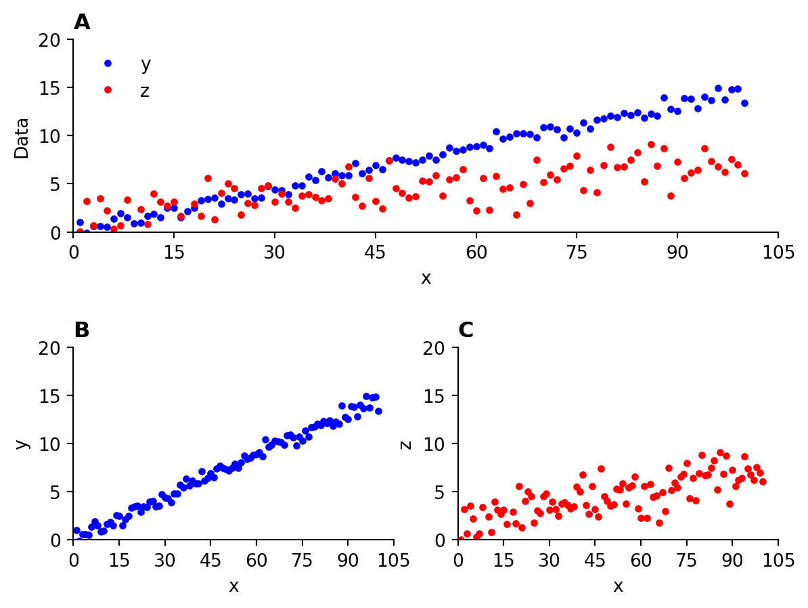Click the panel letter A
82,22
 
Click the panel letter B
82,330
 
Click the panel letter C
466,330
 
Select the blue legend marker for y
108,64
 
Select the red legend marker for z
108,89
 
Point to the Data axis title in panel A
22,137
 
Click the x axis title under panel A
426,278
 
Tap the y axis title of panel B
22,443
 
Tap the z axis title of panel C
406,444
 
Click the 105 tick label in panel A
778,252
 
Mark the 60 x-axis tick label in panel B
256,560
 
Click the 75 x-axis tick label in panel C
687,560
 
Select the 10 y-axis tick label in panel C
441,444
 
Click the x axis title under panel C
618,586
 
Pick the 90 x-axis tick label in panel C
732,560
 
